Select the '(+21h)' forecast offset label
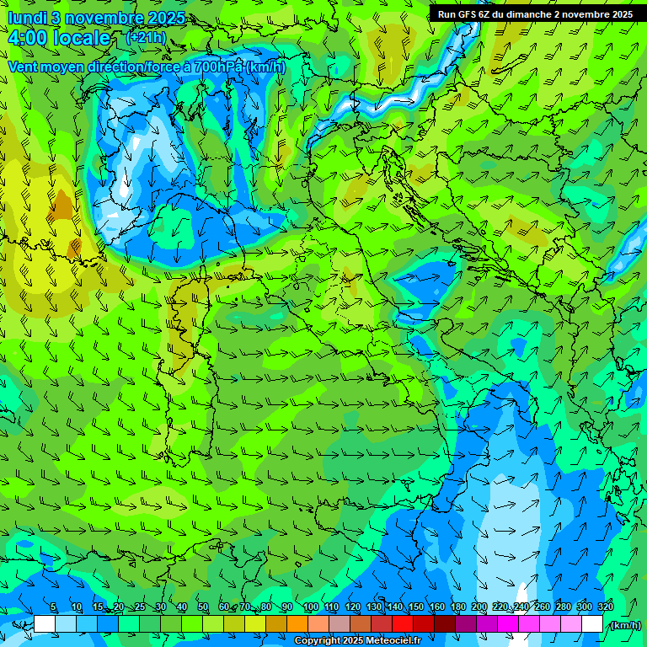point(146,38)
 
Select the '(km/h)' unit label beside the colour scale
point(624,624)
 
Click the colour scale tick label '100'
point(310,607)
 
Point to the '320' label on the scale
point(605,607)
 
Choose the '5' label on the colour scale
point(53,607)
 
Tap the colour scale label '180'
point(457,607)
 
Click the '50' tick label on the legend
point(203,607)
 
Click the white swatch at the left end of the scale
point(45,624)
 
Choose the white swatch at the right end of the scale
point(592,624)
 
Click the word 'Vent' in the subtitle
point(24,67)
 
